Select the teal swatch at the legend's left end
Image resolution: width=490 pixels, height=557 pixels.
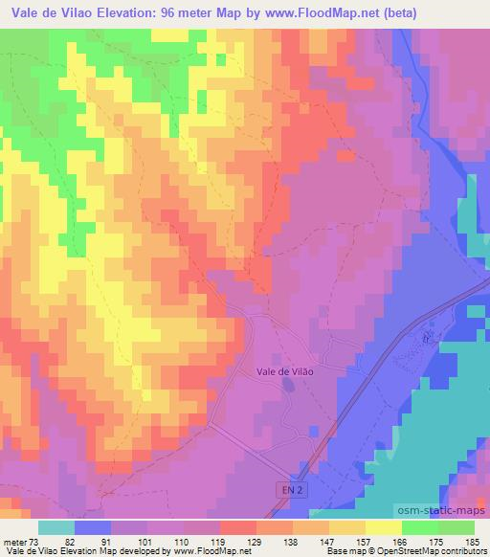tap(56, 527)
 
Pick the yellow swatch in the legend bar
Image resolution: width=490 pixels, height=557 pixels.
tap(384, 527)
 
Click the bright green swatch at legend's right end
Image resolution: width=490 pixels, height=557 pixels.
tap(457, 527)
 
